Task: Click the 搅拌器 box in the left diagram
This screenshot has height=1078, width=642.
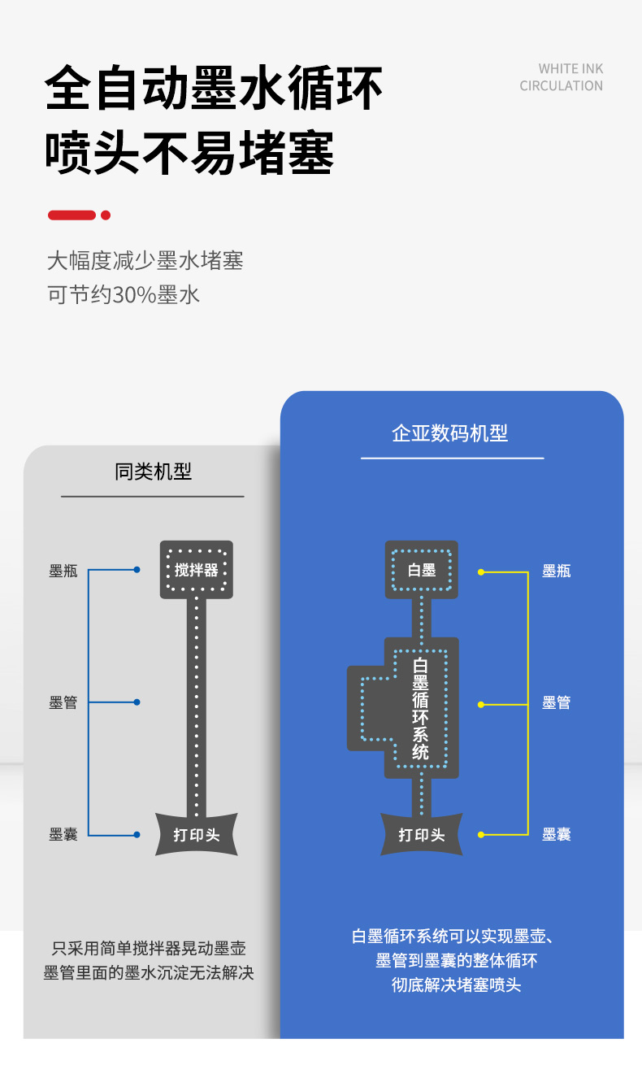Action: (197, 569)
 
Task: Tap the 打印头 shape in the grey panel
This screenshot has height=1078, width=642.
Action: (197, 834)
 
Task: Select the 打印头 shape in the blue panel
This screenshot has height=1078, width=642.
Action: (422, 834)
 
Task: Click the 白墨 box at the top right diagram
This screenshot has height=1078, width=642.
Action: (422, 570)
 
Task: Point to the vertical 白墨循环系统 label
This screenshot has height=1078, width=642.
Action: (421, 709)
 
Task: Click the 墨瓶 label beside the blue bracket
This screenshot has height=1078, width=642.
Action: (63, 571)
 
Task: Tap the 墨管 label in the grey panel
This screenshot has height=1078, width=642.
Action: (63, 702)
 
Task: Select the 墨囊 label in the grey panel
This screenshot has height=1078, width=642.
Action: (63, 834)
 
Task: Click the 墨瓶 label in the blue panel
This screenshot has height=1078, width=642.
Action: (557, 571)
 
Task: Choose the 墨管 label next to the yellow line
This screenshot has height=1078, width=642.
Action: (557, 702)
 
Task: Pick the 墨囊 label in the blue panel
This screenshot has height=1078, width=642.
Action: (557, 834)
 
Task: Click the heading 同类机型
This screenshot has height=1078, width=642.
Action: (153, 472)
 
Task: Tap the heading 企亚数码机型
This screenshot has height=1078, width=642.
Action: (449, 433)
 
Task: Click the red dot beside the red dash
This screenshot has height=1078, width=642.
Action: (106, 215)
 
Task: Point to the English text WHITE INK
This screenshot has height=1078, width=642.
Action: (570, 69)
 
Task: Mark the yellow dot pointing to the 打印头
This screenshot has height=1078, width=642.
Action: (481, 834)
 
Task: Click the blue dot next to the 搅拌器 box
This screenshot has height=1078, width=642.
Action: (137, 570)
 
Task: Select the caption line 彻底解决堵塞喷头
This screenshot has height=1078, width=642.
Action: (456, 985)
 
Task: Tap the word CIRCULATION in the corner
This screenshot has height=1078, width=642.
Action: (562, 86)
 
